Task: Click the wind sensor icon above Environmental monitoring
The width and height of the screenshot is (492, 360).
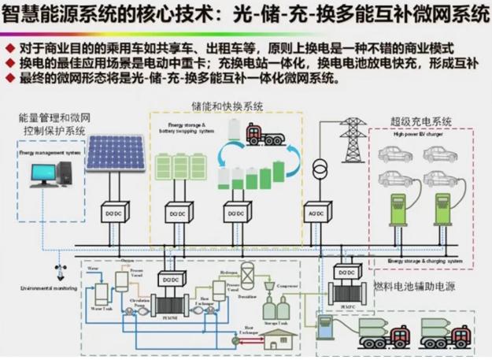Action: (57, 270)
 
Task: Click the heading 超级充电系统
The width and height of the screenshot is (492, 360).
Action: (421, 122)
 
